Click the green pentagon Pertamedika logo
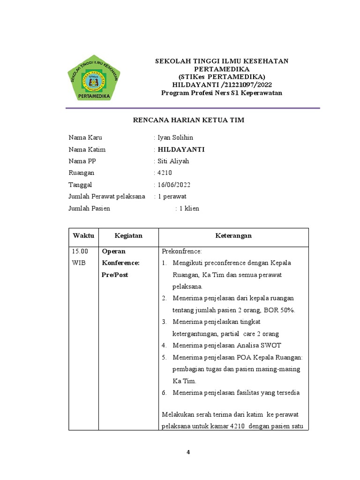coord(94,78)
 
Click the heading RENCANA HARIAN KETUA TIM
coord(188,120)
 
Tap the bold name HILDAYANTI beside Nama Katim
coord(181,150)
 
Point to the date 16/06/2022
coord(174,185)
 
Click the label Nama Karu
coord(85,138)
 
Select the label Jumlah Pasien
coord(90,208)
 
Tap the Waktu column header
coord(83,236)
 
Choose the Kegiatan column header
coord(128,236)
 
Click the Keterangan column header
coord(233,236)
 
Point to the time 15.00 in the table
coord(79,251)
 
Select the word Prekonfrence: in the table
coord(181,251)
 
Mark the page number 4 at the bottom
coord(188,452)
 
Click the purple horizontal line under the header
coord(193,108)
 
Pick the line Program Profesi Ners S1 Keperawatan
coord(222,93)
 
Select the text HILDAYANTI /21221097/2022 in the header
coord(222,85)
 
